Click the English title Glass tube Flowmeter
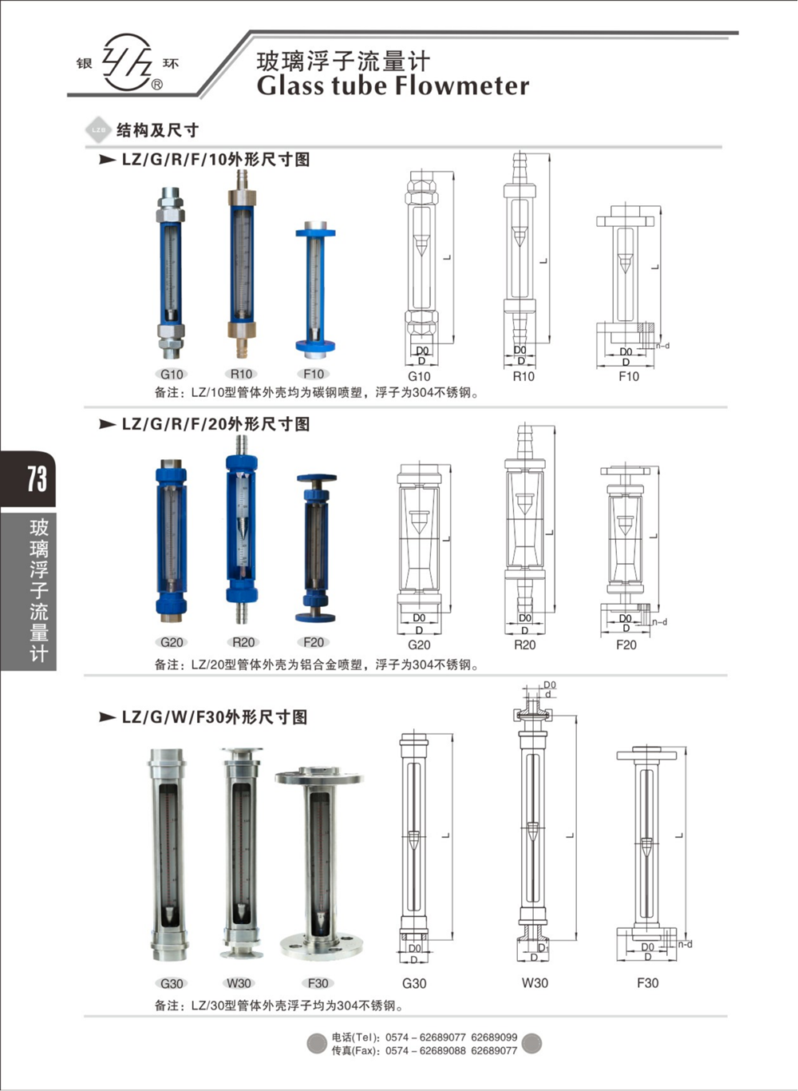pos(393,86)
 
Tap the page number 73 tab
pos(36,479)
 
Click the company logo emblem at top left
pos(128,62)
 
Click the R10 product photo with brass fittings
pos(241,268)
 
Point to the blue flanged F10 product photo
pos(314,288)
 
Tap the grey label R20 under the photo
pos(243,642)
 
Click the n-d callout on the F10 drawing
pos(662,346)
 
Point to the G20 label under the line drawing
pos(419,645)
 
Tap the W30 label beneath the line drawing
pos(535,983)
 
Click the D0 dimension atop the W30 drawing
pos(549,684)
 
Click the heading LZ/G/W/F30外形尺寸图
pos(214,717)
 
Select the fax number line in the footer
pos(424,1050)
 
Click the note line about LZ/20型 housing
pos(317,665)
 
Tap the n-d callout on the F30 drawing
pos(685,944)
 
